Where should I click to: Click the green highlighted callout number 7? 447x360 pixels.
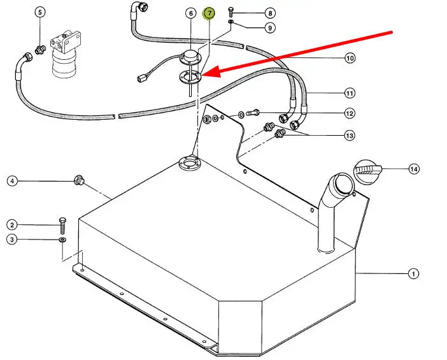pos(209,13)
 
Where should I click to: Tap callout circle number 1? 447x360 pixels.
pos(413,274)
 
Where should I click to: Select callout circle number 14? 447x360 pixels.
pos(414,169)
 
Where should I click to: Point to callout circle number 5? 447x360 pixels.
pos(40,12)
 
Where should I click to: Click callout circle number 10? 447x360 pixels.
pos(350,58)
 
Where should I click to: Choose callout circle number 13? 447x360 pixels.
pos(350,136)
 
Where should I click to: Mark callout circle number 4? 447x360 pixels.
pos(12,181)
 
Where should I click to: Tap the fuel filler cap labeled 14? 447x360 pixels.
pos(367,172)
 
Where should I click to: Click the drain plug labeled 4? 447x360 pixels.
pos(79,180)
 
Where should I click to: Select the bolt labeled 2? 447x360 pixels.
pos(62,226)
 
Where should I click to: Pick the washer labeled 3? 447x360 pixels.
pos(62,240)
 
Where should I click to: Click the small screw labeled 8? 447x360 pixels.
pos(231,13)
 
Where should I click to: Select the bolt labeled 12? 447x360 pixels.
pos(253,113)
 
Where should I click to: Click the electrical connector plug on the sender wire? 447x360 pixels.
pos(142,78)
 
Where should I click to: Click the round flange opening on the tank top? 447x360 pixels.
pos(188,163)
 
